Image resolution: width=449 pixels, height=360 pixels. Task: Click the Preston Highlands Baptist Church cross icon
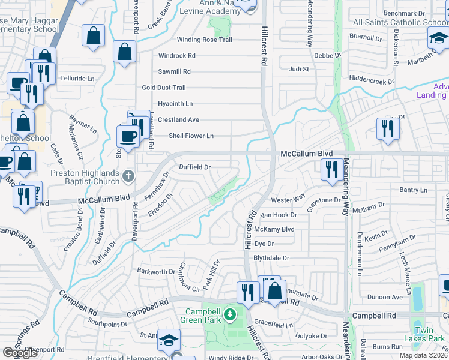tap(127, 176)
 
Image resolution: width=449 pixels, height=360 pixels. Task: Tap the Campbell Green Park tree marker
tap(228, 314)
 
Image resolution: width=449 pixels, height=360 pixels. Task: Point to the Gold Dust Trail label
tap(164, 88)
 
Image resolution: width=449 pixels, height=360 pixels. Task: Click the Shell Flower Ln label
tap(191, 136)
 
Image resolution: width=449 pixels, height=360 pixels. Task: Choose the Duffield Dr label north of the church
tap(195, 167)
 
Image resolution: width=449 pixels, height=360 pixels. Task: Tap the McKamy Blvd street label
tap(274, 229)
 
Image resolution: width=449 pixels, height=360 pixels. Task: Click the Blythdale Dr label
tap(271, 258)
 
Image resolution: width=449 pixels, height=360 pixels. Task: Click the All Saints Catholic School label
tap(400, 23)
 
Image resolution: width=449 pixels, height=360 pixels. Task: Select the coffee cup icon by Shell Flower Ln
tap(128, 136)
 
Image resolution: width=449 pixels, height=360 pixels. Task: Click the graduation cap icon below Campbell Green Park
tap(169, 340)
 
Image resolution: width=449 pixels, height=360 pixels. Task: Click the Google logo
tap(20, 353)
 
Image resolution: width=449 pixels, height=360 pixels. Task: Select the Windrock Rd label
tap(177, 56)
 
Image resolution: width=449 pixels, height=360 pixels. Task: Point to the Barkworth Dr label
tap(155, 272)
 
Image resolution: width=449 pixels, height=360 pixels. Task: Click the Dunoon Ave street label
tap(385, 297)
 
